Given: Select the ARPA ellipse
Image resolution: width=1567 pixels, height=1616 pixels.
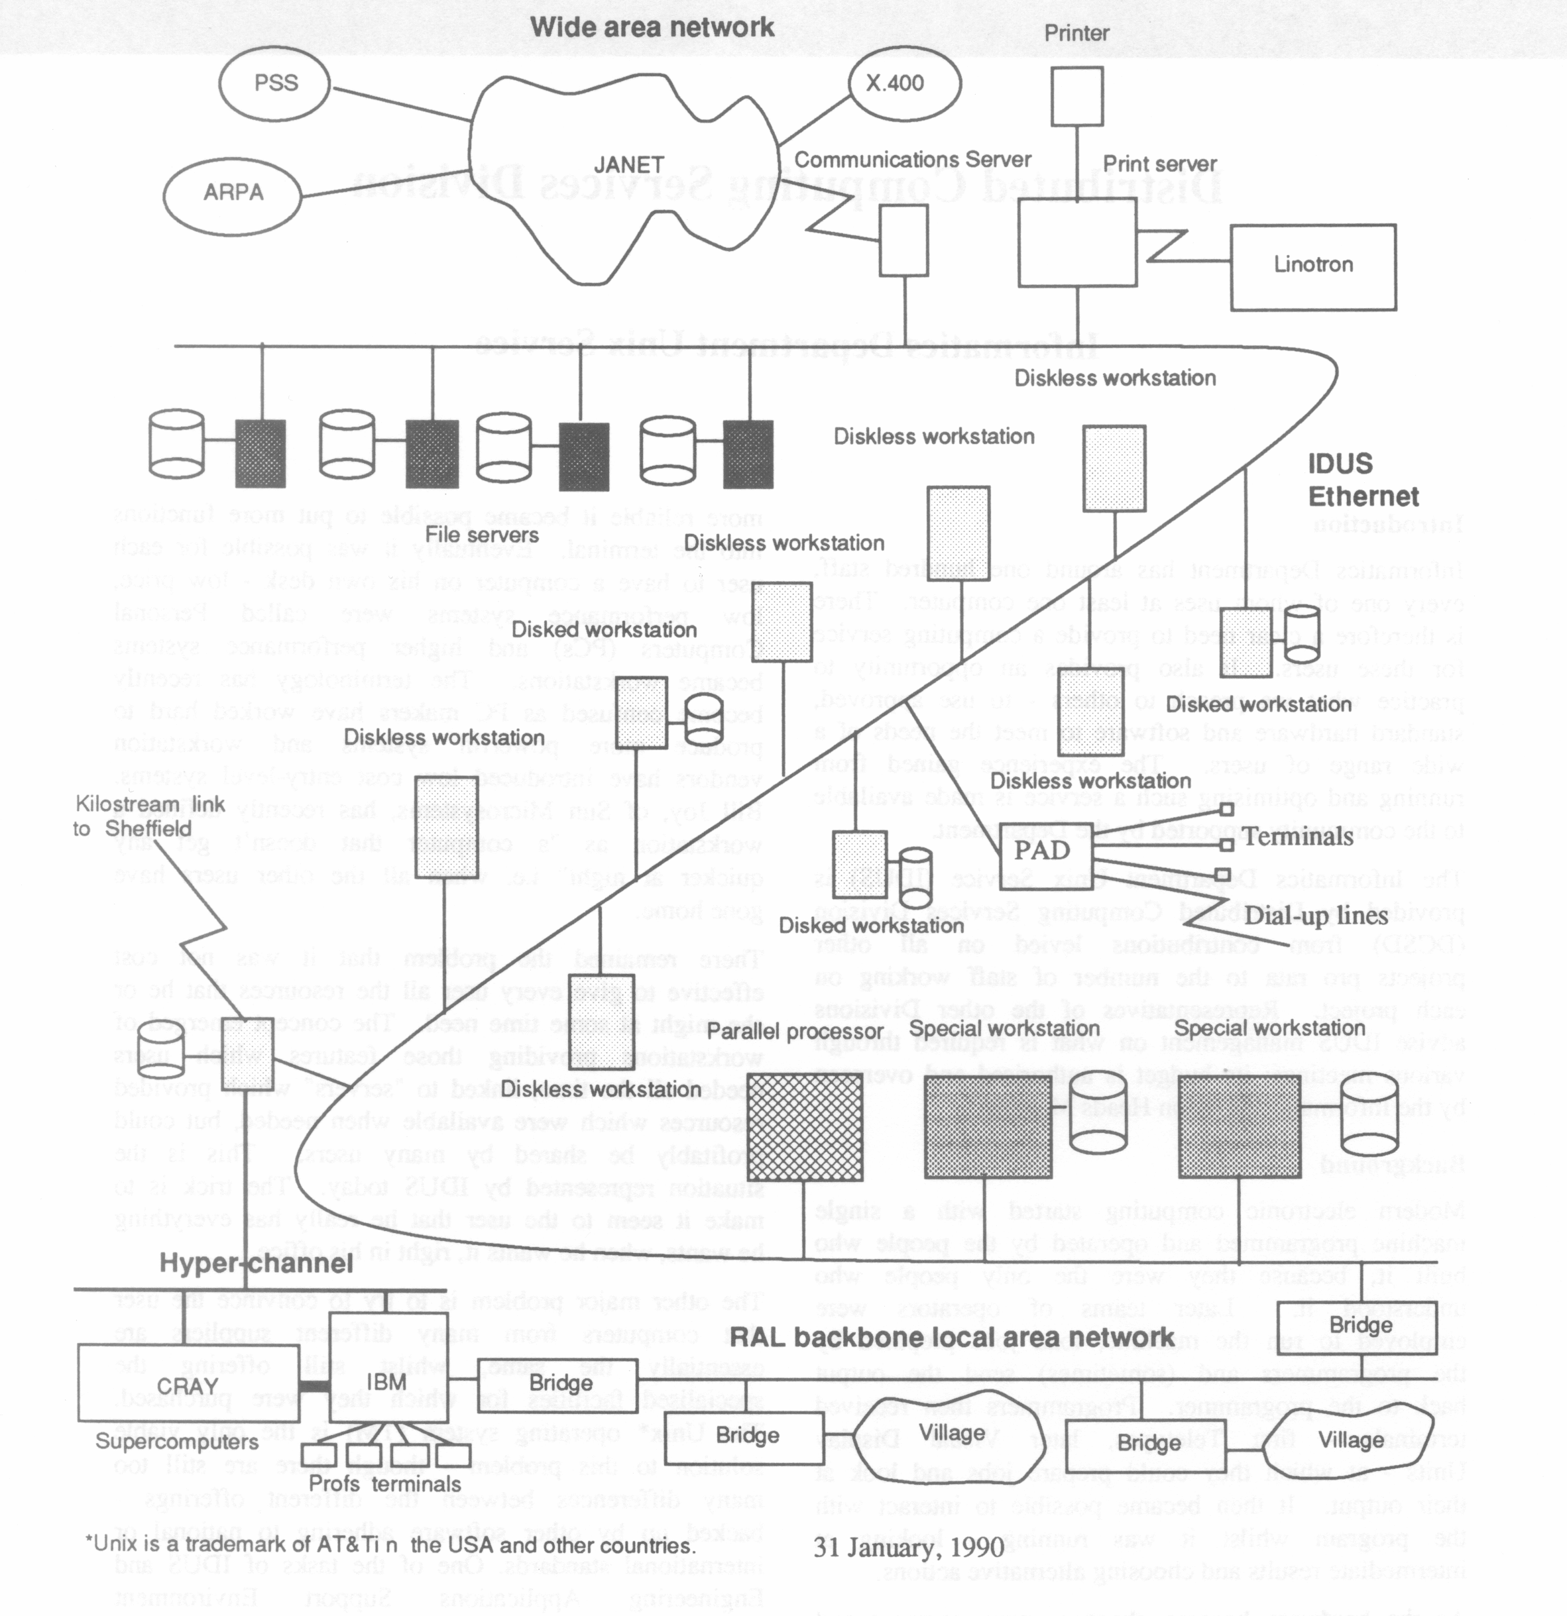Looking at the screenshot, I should (x=233, y=192).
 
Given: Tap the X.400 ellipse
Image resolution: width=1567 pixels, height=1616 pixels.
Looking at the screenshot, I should (x=904, y=83).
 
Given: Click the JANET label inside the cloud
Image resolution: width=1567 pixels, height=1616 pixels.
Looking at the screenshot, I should (x=628, y=165).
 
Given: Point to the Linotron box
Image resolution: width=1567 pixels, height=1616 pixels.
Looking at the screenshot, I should (x=1313, y=266).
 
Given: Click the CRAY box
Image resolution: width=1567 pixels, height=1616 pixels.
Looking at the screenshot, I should (x=188, y=1386).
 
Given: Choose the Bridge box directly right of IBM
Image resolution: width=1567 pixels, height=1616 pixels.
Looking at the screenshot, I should (x=561, y=1383).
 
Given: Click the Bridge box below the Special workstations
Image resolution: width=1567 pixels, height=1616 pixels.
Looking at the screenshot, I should (x=1361, y=1325).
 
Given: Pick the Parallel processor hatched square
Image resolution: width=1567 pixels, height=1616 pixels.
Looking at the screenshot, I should (x=804, y=1126).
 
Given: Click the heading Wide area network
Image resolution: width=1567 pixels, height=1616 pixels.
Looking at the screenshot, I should (x=652, y=27).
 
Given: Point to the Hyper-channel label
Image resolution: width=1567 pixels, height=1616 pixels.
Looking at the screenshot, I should (x=256, y=1262).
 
